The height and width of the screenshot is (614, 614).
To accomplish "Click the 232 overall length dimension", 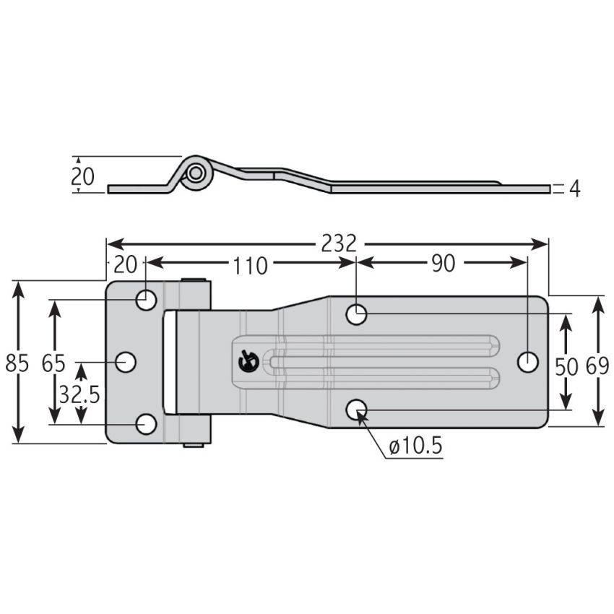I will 339,244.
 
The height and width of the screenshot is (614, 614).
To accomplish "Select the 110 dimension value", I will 250,265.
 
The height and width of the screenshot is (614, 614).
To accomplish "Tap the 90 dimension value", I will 443,264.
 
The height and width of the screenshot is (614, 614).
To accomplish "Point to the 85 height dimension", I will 17,363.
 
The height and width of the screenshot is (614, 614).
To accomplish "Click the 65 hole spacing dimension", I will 53,363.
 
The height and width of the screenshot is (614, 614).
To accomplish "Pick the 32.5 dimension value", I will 79,394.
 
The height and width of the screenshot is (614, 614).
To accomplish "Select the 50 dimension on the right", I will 567,366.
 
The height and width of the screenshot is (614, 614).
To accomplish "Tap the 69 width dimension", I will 597,366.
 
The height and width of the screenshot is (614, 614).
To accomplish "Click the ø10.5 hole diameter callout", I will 415,447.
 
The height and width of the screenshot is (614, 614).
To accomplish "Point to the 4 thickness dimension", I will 575,189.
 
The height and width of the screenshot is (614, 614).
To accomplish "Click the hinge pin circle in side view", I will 196,173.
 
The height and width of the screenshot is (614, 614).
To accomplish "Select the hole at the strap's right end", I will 528,361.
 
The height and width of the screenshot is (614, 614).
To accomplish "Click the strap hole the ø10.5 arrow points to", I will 357,410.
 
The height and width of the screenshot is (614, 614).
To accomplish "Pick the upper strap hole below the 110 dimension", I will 357,314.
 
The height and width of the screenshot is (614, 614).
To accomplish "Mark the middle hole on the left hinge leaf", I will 126,361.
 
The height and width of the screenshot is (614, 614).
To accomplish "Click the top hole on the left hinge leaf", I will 147,299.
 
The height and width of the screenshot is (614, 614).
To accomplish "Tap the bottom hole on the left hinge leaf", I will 147,424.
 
